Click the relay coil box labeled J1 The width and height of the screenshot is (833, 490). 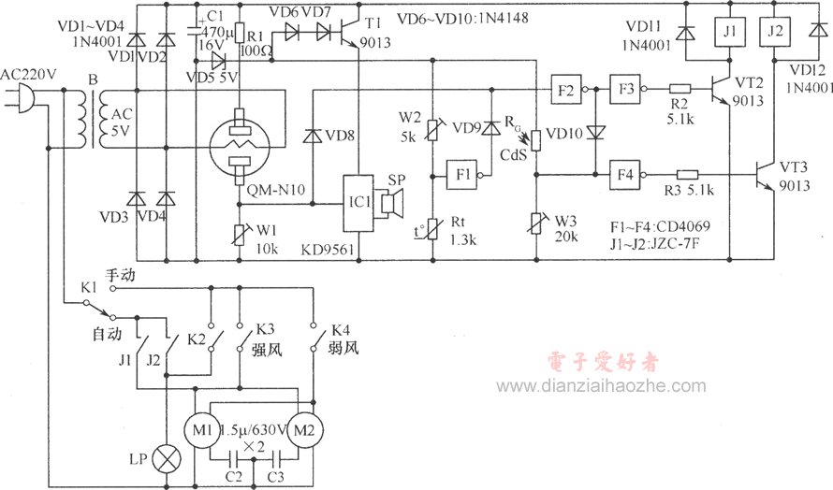click(729, 31)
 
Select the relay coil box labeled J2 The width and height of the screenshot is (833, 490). click(776, 31)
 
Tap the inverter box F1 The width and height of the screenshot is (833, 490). click(461, 175)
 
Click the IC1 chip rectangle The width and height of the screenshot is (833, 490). click(358, 203)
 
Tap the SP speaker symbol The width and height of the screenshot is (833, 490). click(388, 203)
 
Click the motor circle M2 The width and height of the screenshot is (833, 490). click(304, 430)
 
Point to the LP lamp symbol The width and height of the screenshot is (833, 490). click(167, 459)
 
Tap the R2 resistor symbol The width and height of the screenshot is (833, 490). click(680, 89)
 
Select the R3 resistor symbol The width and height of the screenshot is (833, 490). click(687, 175)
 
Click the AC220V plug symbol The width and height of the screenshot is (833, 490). click(22, 97)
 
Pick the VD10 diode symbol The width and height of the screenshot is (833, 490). click(595, 132)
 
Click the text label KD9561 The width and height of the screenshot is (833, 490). click(328, 250)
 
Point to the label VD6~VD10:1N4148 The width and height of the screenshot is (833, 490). click(462, 19)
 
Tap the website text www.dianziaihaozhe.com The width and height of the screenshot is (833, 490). click(602, 386)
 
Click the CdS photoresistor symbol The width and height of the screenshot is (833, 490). click(536, 140)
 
